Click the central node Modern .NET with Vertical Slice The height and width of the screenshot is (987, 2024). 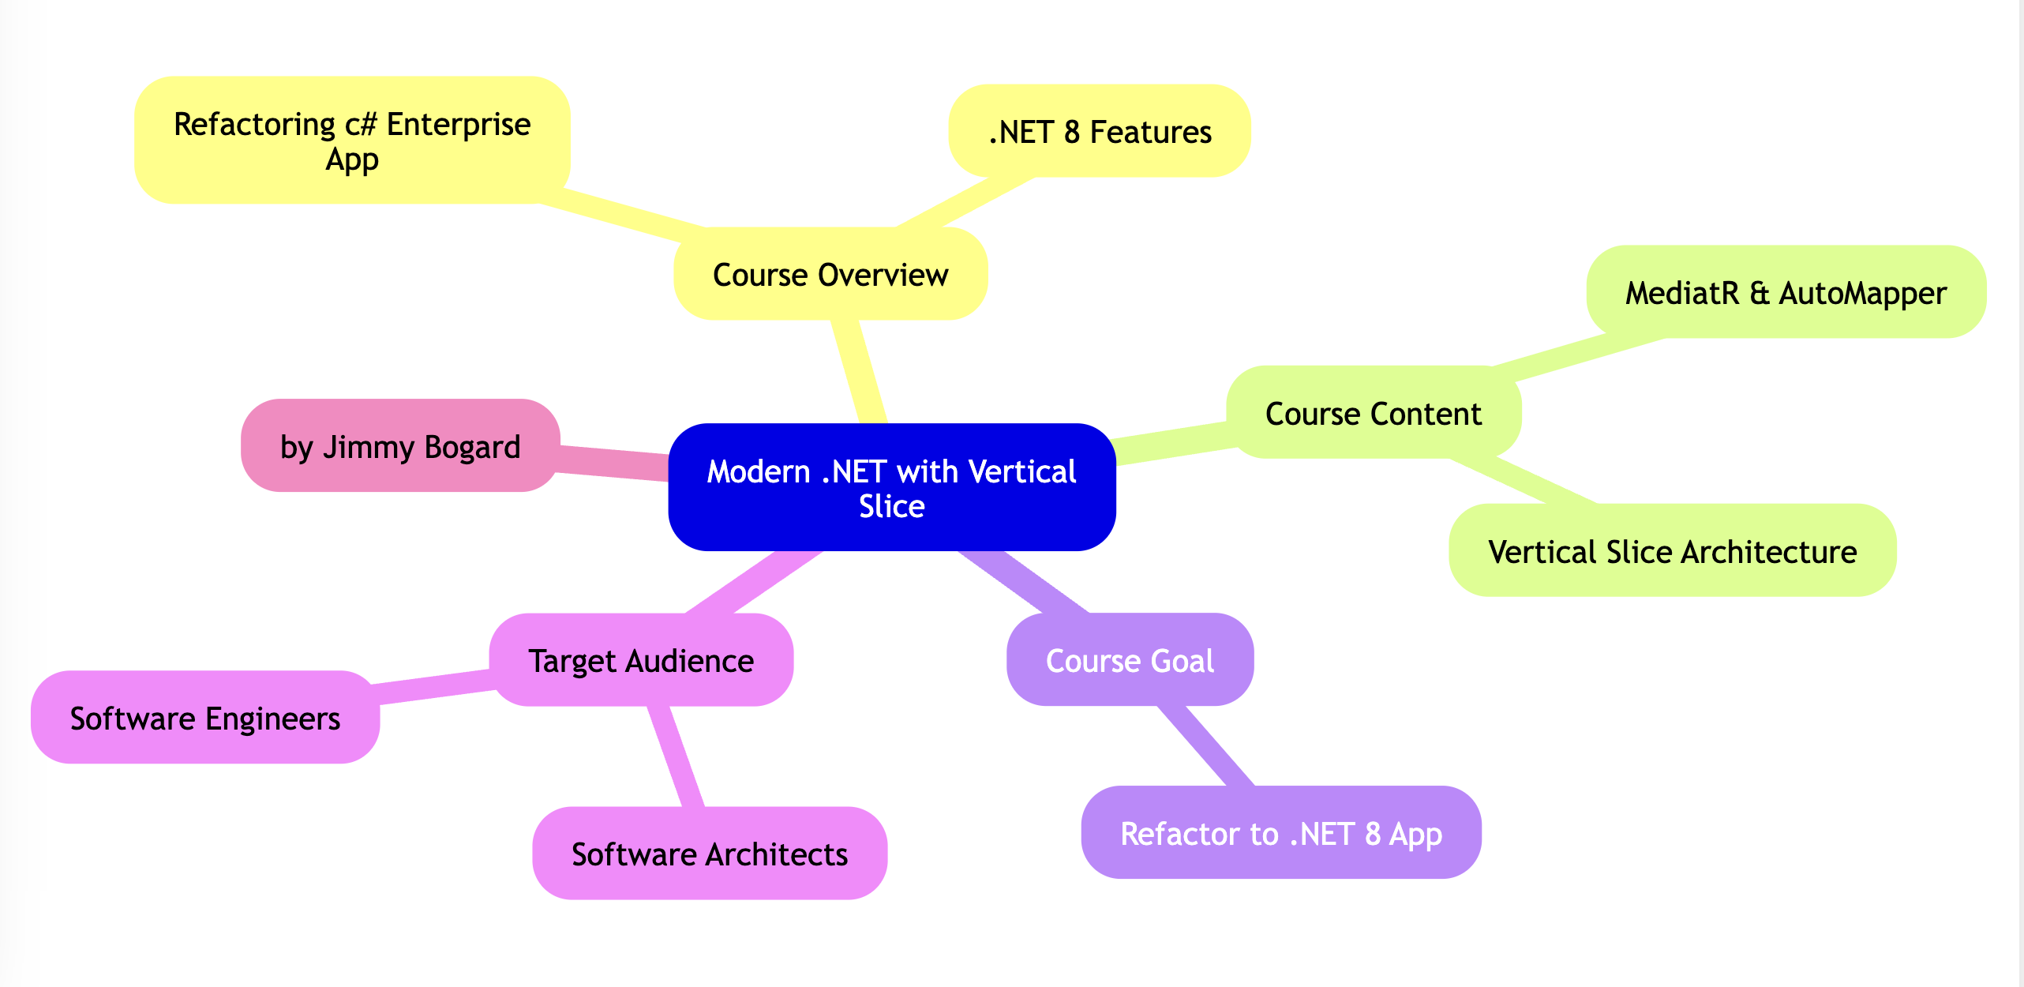891,487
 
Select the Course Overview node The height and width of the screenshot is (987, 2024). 830,274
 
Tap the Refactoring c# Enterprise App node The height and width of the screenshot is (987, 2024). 352,141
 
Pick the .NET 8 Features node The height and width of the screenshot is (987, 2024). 1099,131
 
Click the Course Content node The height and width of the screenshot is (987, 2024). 1373,412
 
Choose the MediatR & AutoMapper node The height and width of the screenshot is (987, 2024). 1786,292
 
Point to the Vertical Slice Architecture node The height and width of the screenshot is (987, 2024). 1672,550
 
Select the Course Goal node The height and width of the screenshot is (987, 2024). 1130,660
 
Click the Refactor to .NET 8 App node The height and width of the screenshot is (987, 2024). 1280,832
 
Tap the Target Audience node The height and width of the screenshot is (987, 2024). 640,660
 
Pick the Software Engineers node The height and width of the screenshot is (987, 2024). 204,717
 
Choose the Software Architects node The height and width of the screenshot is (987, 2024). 709,853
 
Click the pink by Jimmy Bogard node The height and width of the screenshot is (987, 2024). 400,446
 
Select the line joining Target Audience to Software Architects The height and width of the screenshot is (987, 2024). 676,756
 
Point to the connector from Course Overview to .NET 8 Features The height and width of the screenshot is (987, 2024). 965,202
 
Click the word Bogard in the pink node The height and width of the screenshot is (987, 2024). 472,447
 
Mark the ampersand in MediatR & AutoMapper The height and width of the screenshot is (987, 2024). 1759,293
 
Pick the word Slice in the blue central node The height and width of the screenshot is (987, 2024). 891,506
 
